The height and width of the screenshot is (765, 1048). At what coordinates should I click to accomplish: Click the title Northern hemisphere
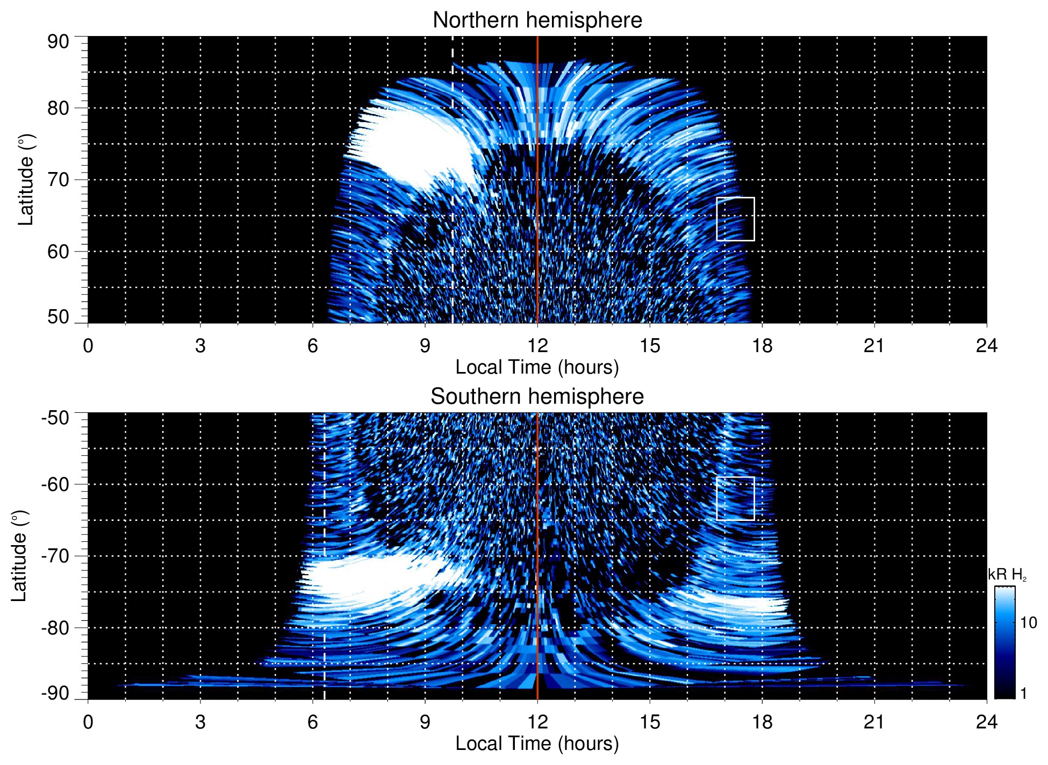click(x=537, y=20)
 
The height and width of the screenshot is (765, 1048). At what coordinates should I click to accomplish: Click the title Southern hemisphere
click(x=537, y=397)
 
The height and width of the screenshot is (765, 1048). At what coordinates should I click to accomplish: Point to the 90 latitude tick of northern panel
click(x=58, y=41)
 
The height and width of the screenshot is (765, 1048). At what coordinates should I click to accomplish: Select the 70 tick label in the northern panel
click(x=58, y=180)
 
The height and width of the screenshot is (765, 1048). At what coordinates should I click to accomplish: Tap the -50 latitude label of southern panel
click(x=55, y=417)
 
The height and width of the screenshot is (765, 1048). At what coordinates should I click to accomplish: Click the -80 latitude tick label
click(x=55, y=627)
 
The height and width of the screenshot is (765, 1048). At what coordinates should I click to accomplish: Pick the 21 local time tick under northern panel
click(x=874, y=346)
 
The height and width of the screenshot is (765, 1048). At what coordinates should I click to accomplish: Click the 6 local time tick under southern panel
click(x=312, y=722)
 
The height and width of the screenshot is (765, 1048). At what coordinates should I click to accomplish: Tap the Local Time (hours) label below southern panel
click(x=537, y=743)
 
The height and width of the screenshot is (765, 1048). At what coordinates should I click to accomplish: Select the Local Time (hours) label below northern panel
click(x=537, y=367)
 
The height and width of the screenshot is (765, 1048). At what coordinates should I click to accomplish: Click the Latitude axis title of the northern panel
click(x=26, y=180)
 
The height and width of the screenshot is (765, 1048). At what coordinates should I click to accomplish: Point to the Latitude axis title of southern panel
click(x=19, y=556)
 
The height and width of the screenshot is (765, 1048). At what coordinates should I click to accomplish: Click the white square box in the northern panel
click(x=735, y=219)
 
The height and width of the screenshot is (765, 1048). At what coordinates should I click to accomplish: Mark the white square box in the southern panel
click(x=735, y=498)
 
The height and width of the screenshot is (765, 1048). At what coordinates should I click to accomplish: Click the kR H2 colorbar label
click(x=1007, y=575)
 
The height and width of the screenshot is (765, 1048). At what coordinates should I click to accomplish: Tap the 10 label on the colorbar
click(x=1028, y=623)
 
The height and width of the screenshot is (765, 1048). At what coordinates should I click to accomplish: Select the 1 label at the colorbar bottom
click(x=1023, y=693)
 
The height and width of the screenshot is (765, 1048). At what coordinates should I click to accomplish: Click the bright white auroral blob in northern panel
click(x=414, y=145)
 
